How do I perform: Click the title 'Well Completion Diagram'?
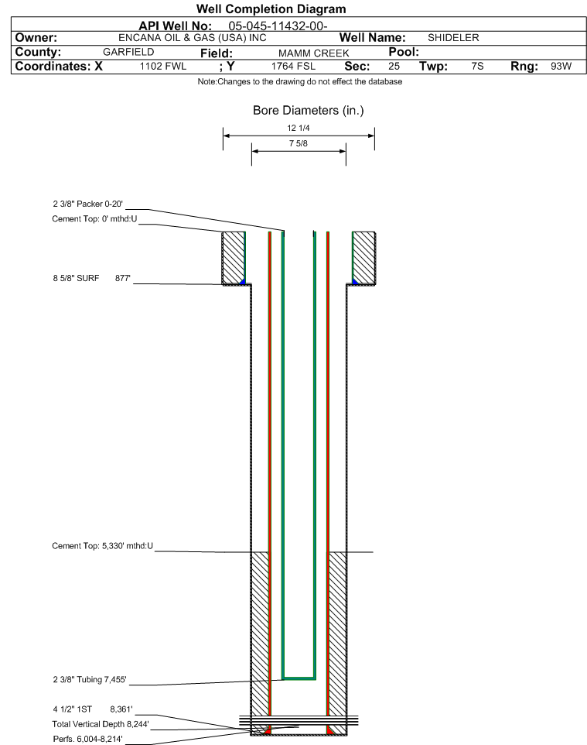click(271, 9)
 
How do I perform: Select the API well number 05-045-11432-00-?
click(278, 26)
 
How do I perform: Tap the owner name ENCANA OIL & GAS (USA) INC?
click(193, 38)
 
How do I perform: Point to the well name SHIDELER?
click(453, 37)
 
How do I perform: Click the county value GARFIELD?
click(128, 52)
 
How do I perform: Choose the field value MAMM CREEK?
click(314, 53)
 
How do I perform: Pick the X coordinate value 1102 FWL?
click(162, 66)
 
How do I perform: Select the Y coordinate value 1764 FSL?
click(293, 66)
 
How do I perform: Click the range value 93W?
click(561, 66)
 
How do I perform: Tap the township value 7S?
click(477, 66)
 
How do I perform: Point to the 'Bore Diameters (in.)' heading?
click(308, 111)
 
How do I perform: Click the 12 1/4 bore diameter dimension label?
click(298, 128)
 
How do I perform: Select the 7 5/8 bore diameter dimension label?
click(298, 143)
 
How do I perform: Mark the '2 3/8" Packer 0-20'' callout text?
click(88, 204)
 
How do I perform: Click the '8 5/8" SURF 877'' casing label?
click(91, 278)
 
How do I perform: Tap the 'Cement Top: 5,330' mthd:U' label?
click(103, 546)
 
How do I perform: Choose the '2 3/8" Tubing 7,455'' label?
click(90, 679)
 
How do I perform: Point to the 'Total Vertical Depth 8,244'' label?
click(101, 724)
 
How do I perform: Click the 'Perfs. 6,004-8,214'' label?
click(88, 739)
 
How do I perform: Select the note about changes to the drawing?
click(300, 82)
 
